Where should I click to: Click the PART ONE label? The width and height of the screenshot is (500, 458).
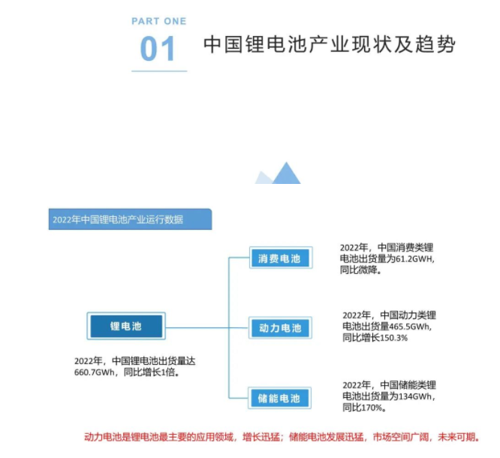(x=159, y=21)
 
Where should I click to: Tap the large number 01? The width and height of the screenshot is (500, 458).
(x=158, y=49)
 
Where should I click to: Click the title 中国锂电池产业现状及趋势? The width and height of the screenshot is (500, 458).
(x=330, y=44)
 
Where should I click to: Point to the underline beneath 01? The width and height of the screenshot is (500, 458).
(x=159, y=71)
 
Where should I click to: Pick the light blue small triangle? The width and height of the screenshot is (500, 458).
(x=263, y=178)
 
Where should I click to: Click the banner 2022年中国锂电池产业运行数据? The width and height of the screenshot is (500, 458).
(x=130, y=219)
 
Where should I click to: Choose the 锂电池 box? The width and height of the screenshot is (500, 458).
(x=126, y=326)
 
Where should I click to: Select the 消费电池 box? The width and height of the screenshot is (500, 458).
(x=281, y=258)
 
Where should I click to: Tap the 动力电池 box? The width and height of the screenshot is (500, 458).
(x=280, y=328)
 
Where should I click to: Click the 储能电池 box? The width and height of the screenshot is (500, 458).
(x=279, y=398)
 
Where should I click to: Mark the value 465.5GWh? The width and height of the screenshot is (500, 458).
(x=409, y=327)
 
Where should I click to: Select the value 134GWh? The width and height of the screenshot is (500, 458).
(x=414, y=396)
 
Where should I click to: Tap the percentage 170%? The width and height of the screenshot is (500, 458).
(x=372, y=408)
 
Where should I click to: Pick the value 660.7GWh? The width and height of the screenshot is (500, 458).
(x=95, y=372)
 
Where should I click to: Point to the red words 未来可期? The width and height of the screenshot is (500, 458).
(x=456, y=437)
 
